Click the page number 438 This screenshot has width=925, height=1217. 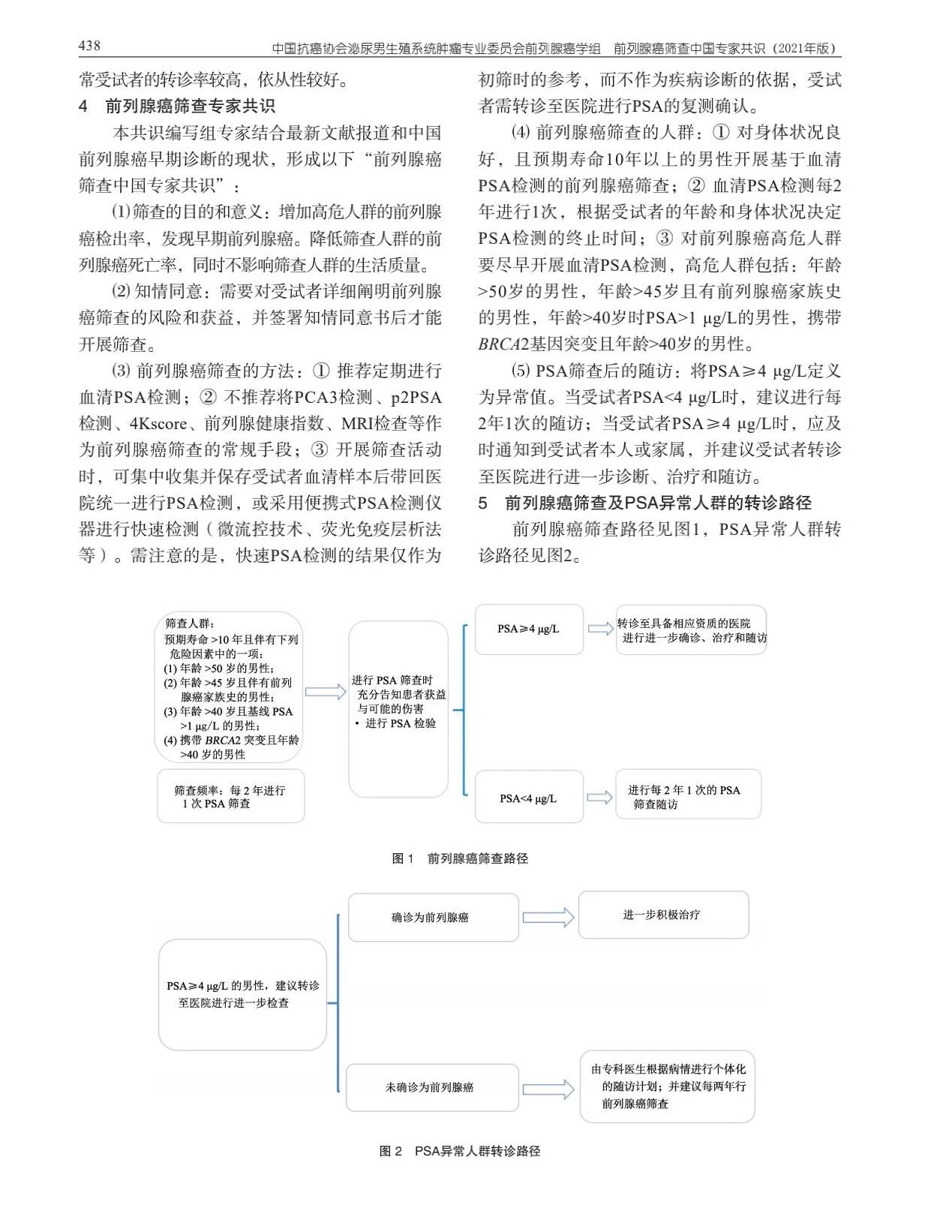[x=89, y=46]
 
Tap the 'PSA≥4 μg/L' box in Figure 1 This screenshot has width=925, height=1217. [x=529, y=630]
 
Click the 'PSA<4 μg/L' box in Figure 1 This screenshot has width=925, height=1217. [x=529, y=798]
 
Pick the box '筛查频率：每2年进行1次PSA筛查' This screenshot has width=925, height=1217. [x=230, y=796]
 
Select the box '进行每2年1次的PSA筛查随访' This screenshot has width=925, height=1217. [x=688, y=795]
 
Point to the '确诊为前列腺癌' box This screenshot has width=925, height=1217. [x=433, y=917]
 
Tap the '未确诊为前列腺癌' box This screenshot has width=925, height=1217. [x=431, y=1087]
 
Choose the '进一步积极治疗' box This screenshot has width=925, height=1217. [x=663, y=915]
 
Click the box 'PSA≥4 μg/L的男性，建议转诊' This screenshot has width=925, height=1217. [x=242, y=994]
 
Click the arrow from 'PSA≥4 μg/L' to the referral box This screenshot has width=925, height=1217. [x=600, y=629]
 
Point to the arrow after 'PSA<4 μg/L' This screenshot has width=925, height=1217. [x=599, y=798]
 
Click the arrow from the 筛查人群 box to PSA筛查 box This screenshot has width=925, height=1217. [x=326, y=691]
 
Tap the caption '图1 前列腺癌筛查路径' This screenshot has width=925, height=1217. [x=460, y=858]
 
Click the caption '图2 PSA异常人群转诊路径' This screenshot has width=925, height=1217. [x=460, y=1151]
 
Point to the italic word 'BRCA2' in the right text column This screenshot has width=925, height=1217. [x=503, y=344]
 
